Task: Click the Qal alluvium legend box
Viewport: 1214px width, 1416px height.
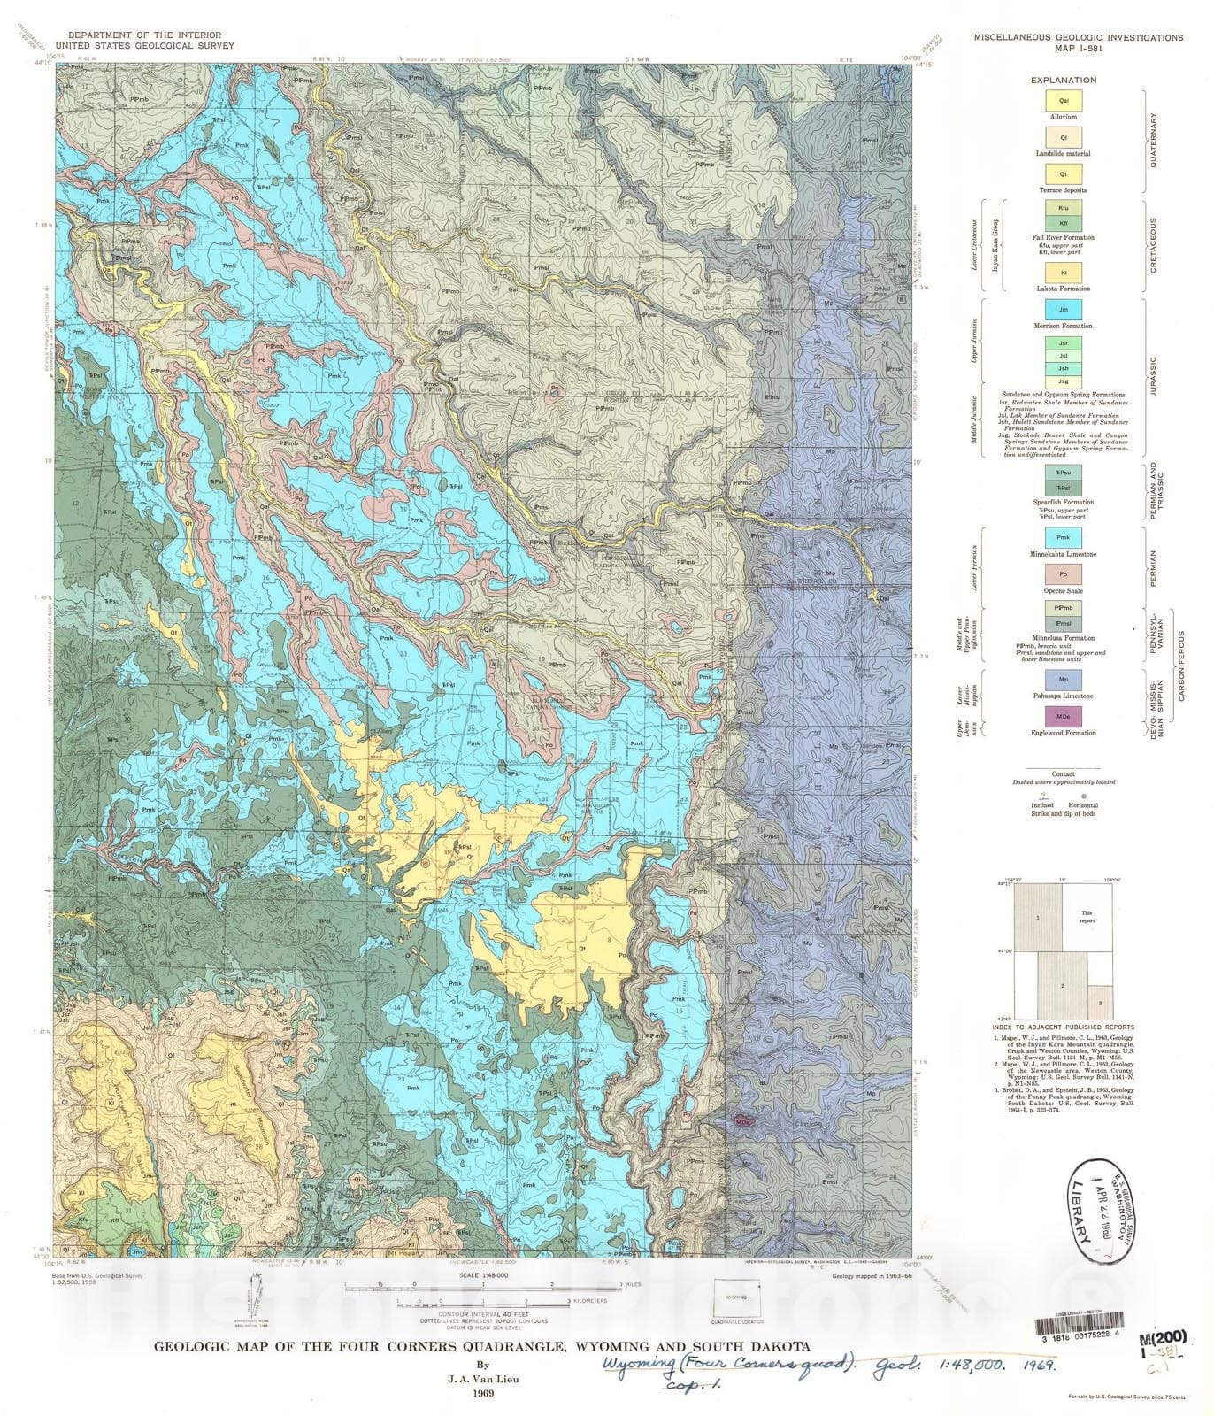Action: pos(1064,101)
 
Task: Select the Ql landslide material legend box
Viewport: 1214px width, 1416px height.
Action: pos(1064,138)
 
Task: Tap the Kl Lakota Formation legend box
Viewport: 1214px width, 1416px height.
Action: pos(1064,272)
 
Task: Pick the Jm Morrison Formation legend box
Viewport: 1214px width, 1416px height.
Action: pos(1064,310)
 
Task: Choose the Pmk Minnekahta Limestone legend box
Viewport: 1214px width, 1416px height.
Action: pos(1064,537)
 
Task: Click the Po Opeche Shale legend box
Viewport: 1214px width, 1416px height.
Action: pos(1064,574)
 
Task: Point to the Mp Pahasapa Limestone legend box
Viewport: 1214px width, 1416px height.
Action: pos(1064,680)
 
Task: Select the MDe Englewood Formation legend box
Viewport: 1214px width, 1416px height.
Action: pos(1064,716)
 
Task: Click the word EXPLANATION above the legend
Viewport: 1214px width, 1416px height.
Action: pos(1064,80)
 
